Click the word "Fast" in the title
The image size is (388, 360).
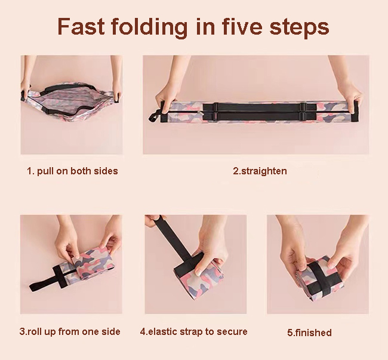pyautogui.click(x=81, y=26)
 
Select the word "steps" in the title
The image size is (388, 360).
pyautogui.click(x=299, y=27)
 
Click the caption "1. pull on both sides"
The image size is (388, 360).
pyautogui.click(x=72, y=171)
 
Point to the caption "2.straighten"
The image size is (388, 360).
pyautogui.click(x=260, y=171)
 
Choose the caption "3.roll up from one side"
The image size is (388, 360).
pyautogui.click(x=70, y=331)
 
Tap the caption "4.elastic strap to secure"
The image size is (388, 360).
pyautogui.click(x=194, y=331)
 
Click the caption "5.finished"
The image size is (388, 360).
pyautogui.click(x=309, y=333)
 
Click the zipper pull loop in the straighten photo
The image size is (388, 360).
pyautogui.click(x=154, y=116)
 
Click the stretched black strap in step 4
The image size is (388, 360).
pyautogui.click(x=173, y=238)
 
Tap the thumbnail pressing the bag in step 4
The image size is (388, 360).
pyautogui.click(x=199, y=273)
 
